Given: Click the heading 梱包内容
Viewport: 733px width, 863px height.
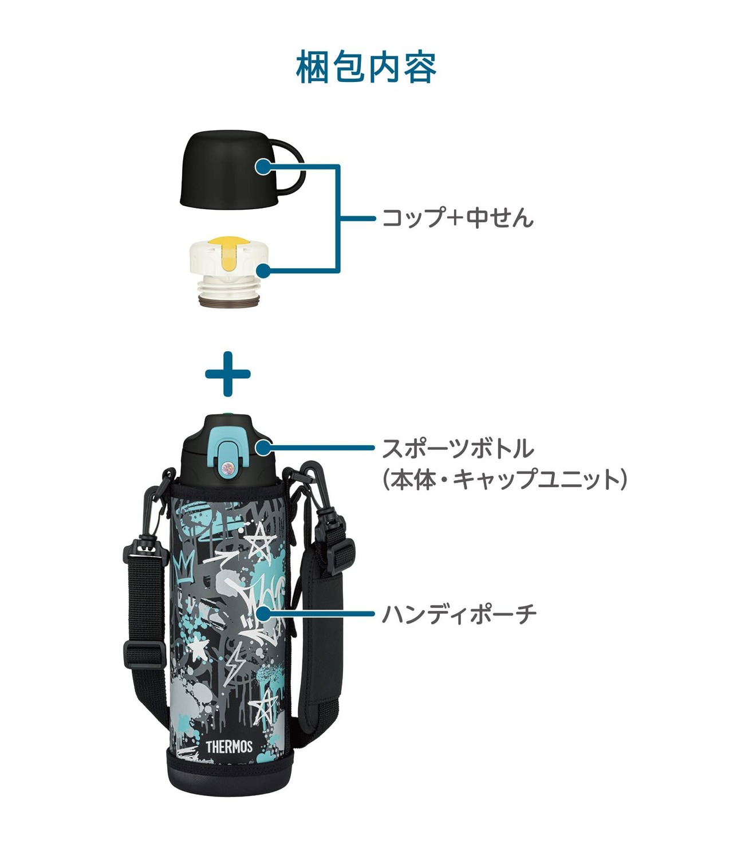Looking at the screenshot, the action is (366, 67).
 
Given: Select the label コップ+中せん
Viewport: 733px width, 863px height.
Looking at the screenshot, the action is (458, 218).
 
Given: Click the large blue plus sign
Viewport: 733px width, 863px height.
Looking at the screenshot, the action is (228, 374).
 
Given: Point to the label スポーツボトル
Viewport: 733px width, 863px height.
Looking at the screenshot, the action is (458, 449).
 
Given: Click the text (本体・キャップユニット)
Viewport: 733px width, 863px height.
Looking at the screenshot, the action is (505, 479).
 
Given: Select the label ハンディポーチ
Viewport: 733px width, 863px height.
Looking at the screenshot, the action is (459, 614).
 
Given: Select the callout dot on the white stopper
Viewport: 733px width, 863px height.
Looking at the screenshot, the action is (263, 271).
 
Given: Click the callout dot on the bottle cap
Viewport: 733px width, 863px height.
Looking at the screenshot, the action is (263, 448).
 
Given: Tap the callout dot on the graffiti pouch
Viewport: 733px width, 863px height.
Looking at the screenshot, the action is (263, 614).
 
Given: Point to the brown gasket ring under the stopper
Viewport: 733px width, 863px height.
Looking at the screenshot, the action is (230, 301).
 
